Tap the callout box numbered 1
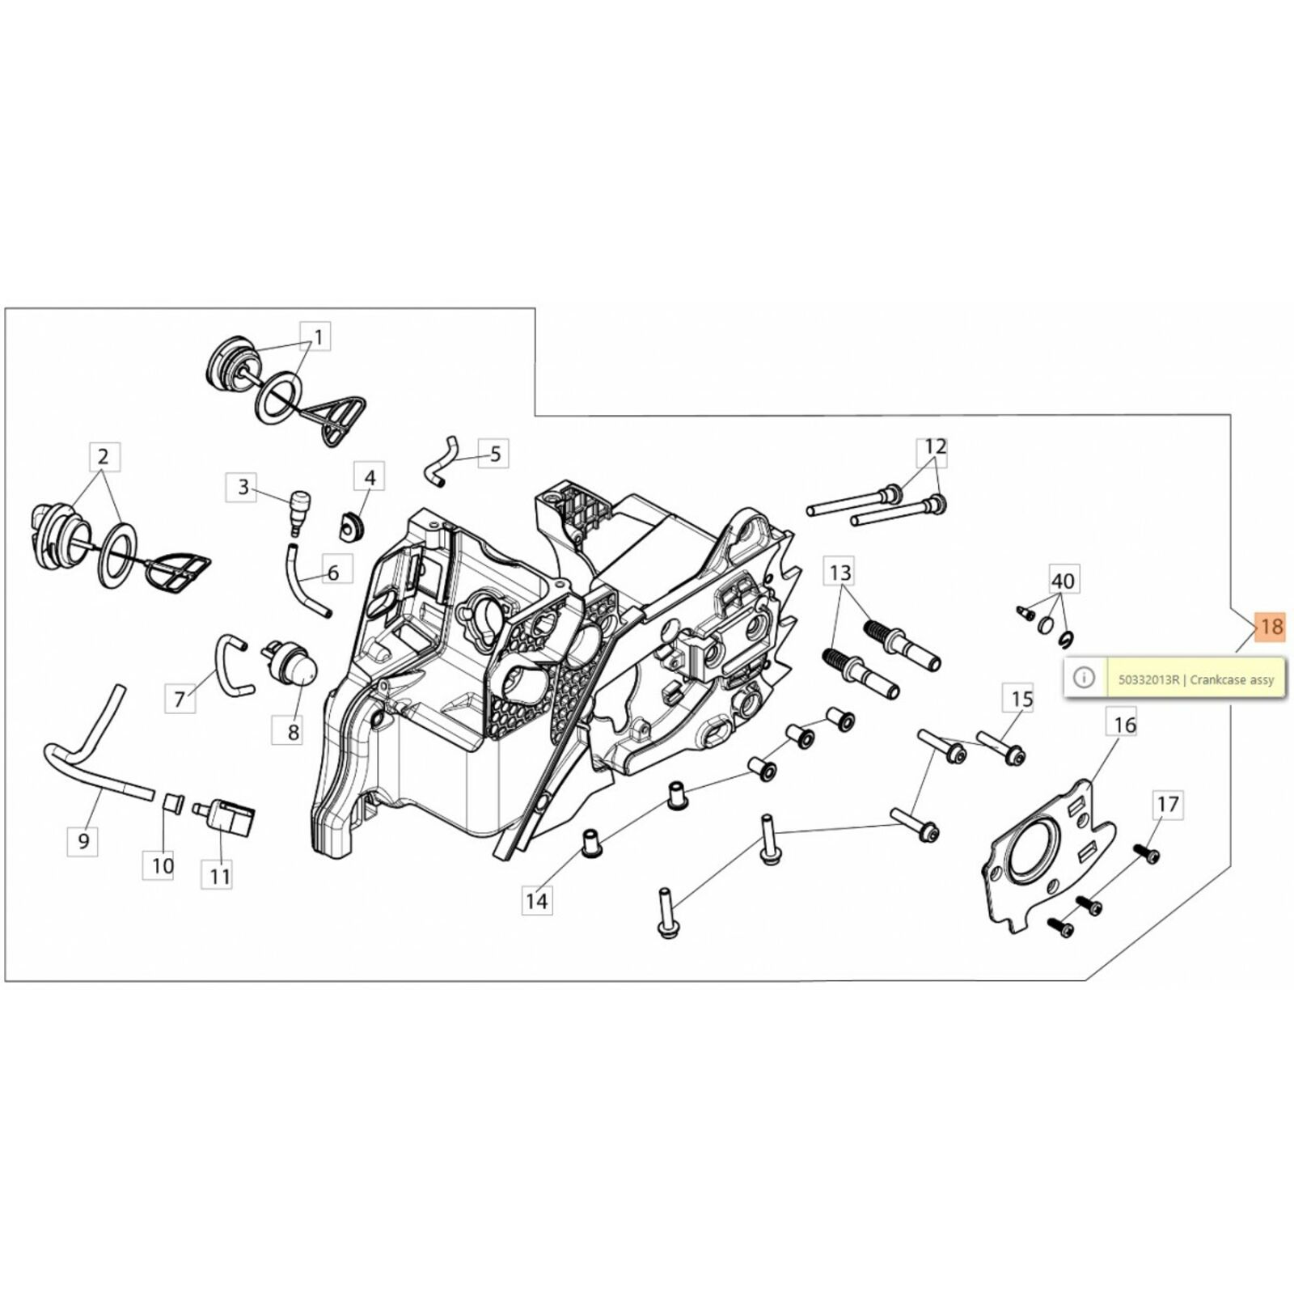318,337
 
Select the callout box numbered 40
1063,581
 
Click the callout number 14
537,900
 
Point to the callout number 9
84,841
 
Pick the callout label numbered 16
1125,725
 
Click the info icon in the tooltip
1084,677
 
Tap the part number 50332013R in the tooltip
1148,680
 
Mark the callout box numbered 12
934,446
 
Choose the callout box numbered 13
840,573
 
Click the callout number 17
1168,804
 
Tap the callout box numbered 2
103,457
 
